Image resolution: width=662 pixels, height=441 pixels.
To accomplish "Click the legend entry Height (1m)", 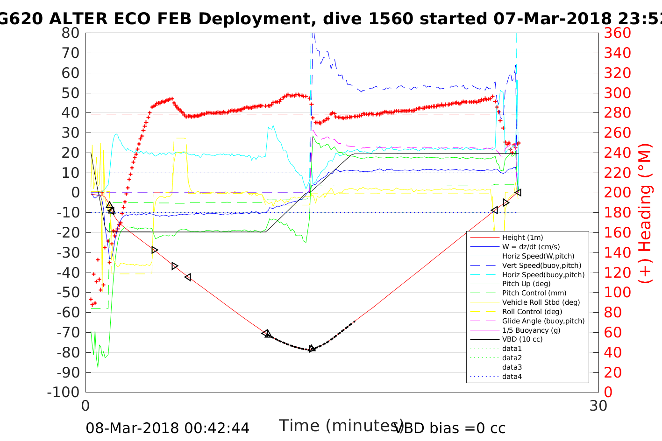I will point(522,238).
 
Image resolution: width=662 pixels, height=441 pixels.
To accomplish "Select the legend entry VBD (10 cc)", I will point(522,339).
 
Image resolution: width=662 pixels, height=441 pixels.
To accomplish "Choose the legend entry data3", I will point(512,367).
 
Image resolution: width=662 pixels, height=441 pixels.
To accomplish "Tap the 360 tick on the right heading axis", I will point(618,33).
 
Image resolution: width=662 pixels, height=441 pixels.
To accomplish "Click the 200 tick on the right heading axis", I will point(618,193).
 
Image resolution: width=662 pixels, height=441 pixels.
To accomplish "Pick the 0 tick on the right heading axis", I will point(609,392).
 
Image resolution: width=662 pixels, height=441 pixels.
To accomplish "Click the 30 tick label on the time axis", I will point(598,406).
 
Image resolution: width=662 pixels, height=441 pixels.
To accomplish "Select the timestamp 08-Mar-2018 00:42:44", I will point(167,428).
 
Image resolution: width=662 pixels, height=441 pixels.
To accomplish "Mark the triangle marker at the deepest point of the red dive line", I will point(312,349).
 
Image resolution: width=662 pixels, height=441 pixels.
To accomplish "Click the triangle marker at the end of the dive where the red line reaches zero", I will point(518,192).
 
